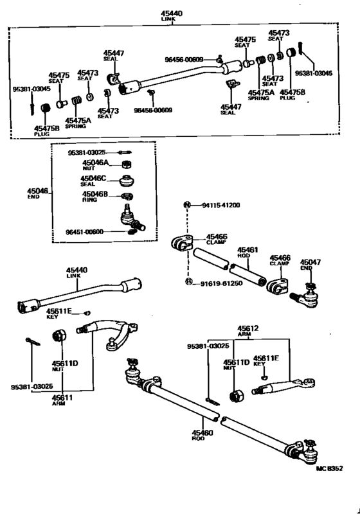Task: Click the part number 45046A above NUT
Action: [x=94, y=163]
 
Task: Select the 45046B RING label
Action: [x=94, y=195]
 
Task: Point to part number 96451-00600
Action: [x=86, y=232]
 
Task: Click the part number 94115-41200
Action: [x=220, y=206]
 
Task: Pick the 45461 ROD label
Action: [x=248, y=253]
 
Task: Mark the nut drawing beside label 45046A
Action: [x=127, y=164]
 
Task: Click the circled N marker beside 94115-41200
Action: [x=187, y=206]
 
